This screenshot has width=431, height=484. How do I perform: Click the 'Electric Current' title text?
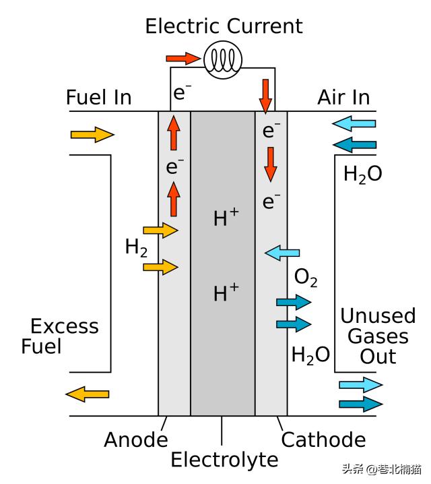click(x=224, y=26)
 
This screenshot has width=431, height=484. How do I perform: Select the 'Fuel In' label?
click(x=98, y=98)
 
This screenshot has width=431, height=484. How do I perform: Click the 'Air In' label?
click(x=343, y=98)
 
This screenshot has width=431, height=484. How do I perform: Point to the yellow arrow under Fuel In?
click(x=92, y=135)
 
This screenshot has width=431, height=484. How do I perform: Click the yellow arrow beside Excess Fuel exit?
click(x=87, y=394)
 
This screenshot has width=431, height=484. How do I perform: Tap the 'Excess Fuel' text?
click(x=60, y=336)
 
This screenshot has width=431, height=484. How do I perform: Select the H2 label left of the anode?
click(x=136, y=247)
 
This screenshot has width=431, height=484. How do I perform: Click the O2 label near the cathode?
click(x=306, y=278)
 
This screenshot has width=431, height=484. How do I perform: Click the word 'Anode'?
click(x=135, y=440)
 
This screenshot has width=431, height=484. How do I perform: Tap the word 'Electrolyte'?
click(x=224, y=460)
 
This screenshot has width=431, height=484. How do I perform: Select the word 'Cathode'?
click(x=323, y=440)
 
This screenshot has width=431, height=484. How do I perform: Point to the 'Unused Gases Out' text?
click(x=378, y=336)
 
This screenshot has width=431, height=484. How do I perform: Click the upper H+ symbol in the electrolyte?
click(x=226, y=218)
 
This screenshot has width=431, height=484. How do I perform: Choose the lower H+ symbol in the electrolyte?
click(x=226, y=293)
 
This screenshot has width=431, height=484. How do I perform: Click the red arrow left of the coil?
click(x=183, y=59)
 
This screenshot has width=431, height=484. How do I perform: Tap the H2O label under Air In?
click(x=362, y=175)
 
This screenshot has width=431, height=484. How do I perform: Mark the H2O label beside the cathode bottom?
click(x=310, y=355)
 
